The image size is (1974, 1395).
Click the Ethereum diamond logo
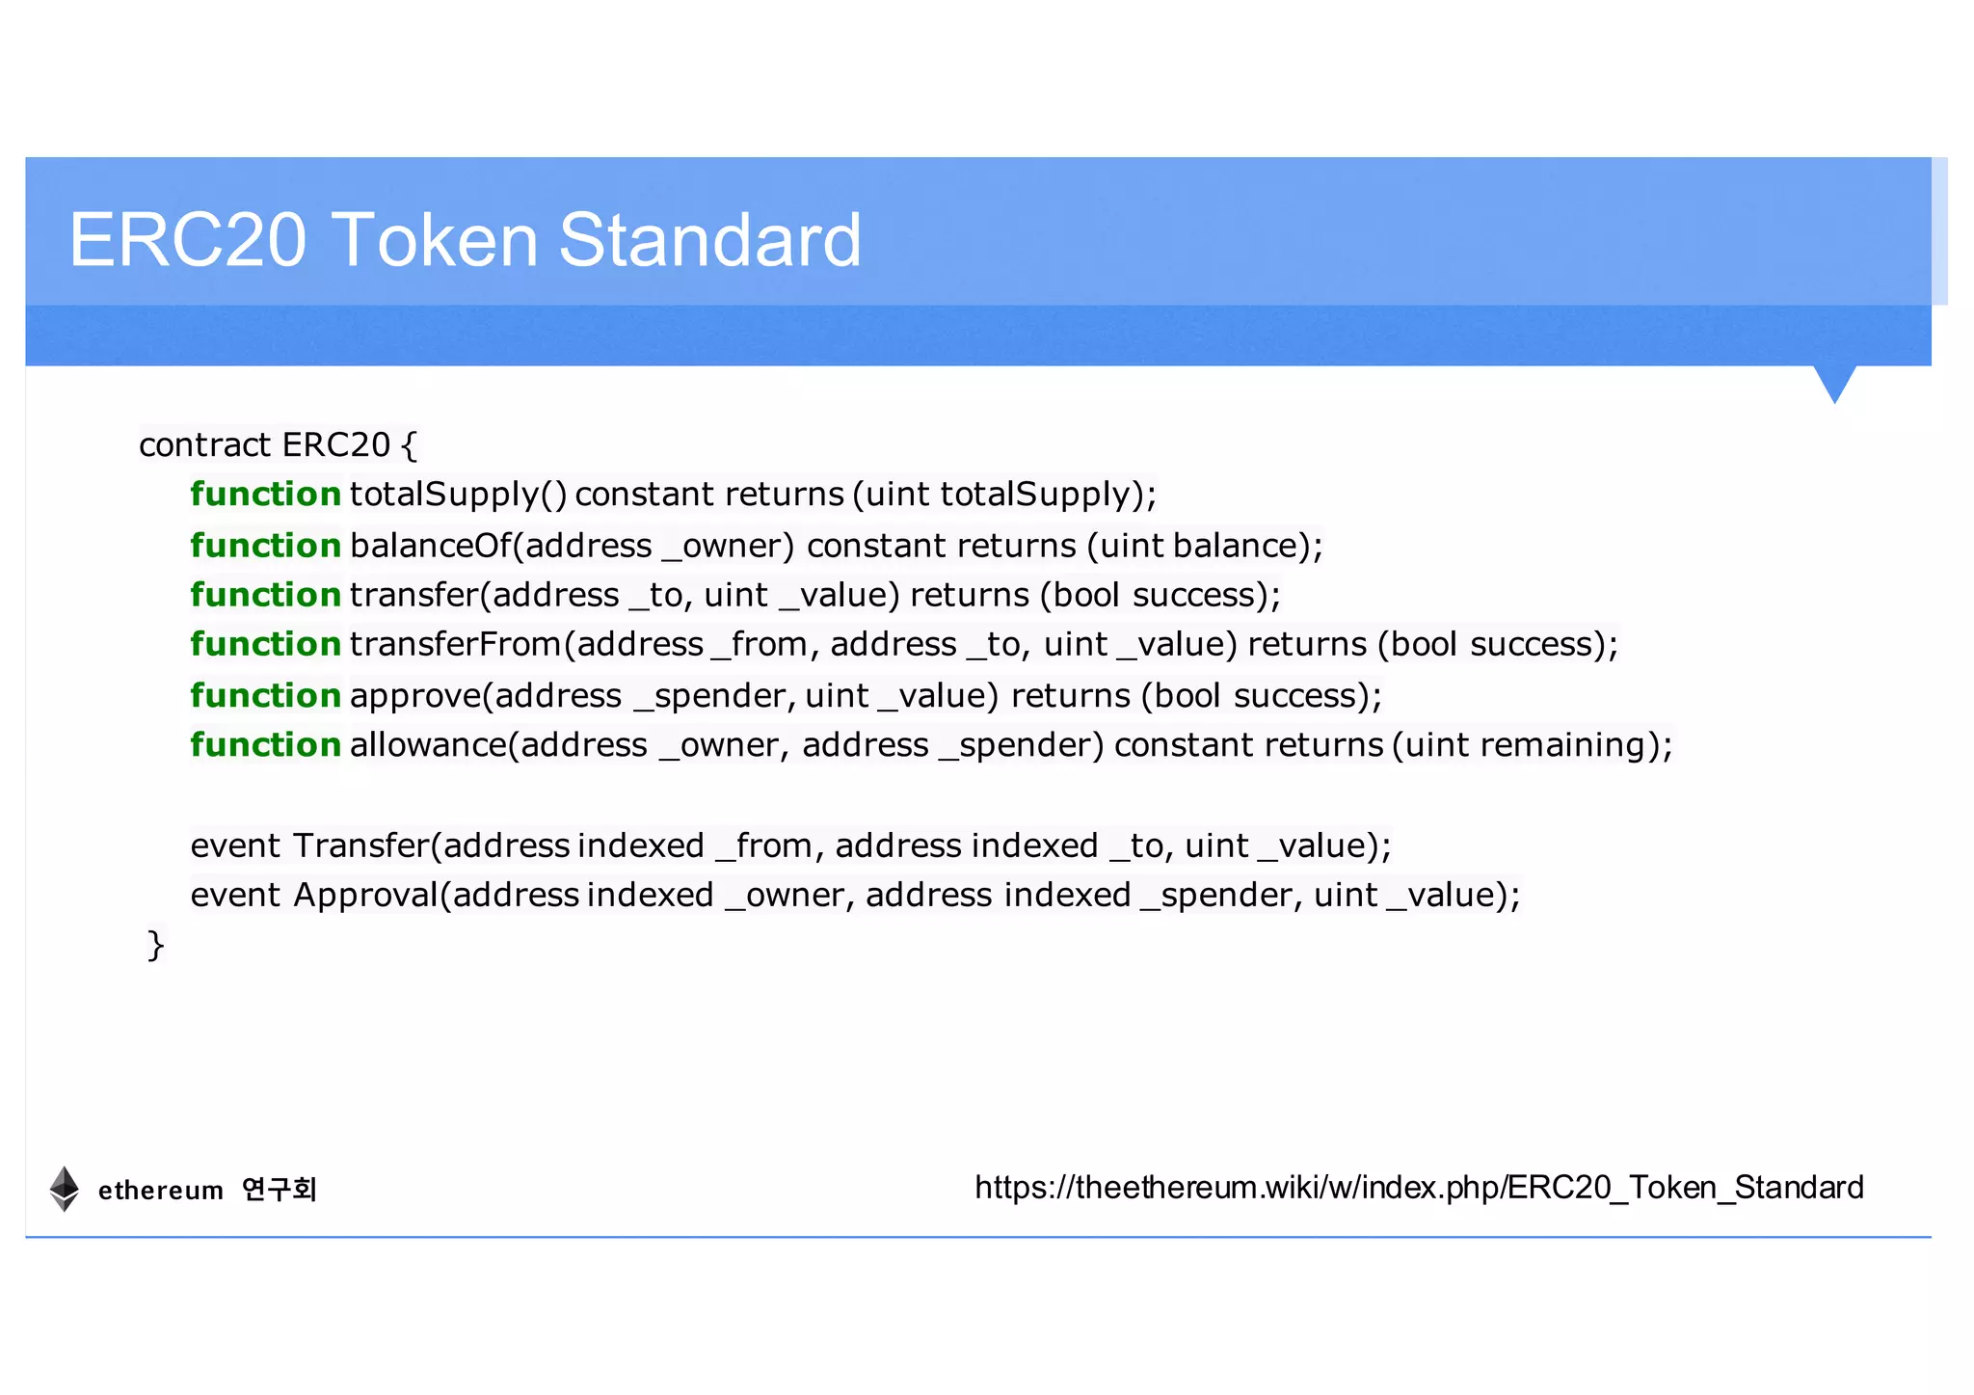65,1188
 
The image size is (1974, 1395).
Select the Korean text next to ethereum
280,1189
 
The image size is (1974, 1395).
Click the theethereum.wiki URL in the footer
1419,1187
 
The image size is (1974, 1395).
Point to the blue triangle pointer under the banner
1834,382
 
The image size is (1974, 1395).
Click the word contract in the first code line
204,444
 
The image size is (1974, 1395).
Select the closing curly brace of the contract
156,945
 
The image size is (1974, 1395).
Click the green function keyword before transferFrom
265,644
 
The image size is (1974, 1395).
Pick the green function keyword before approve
265,695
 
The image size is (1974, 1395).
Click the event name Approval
366,895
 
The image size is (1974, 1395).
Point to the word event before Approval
235,895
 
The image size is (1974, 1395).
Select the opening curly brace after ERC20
409,445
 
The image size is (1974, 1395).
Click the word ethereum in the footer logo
161,1191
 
